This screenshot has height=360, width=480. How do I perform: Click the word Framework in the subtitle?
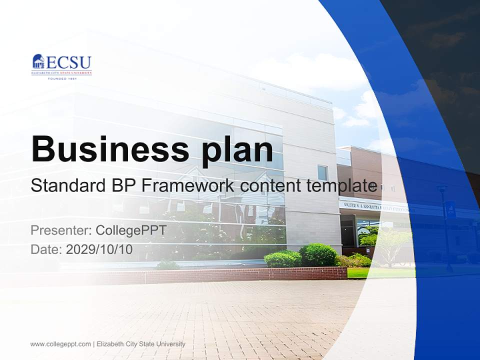tap(187, 185)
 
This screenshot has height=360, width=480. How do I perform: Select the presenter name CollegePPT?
tap(130, 230)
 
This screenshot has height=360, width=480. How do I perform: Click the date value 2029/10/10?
tap(99, 249)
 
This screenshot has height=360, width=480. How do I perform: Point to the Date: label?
tap(47, 249)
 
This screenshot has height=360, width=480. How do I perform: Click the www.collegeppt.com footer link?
tap(60, 344)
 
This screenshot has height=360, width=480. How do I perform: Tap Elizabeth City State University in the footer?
tap(141, 344)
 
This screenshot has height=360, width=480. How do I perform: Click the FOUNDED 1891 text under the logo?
tap(62, 78)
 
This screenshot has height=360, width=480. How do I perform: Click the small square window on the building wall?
tap(322, 173)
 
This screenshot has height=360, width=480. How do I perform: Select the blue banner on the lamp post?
tap(449, 209)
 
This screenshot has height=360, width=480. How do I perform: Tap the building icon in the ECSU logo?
tap(38, 61)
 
